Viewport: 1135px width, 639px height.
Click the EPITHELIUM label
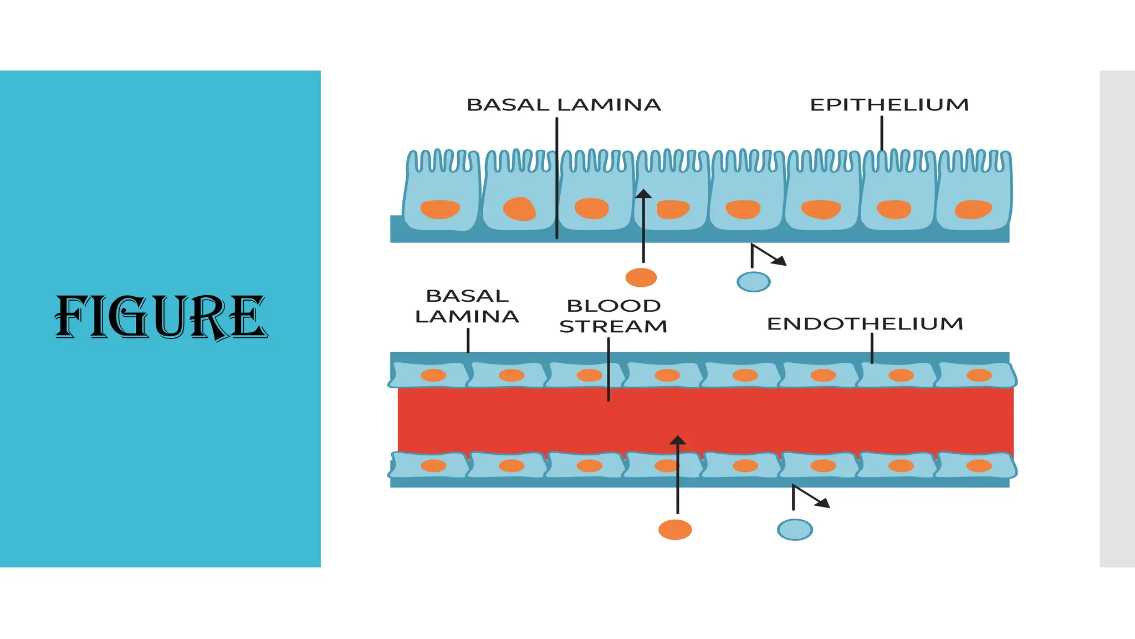coord(889,105)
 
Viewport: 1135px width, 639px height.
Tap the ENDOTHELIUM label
coord(865,324)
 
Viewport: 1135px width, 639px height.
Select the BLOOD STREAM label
coord(613,316)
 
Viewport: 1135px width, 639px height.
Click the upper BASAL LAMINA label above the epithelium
coord(564,105)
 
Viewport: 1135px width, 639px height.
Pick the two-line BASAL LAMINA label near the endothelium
coord(467,306)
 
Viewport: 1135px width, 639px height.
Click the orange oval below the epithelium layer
coord(641,277)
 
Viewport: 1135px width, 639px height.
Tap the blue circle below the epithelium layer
coord(753,282)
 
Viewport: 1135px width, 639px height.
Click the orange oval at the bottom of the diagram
coord(674,530)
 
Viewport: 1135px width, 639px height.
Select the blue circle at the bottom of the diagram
coord(794,530)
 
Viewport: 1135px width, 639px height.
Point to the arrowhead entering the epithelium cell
coord(643,194)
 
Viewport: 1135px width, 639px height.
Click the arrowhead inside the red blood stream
coord(677,440)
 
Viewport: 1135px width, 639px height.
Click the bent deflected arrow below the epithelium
coord(767,256)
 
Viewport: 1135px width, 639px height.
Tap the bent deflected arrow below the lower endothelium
coord(810,497)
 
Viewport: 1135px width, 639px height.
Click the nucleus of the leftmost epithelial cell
coord(440,209)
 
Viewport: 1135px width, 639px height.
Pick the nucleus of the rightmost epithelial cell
coord(973,209)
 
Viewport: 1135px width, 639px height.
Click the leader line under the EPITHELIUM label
coord(882,133)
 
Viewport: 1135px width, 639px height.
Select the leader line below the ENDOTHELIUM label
coord(872,348)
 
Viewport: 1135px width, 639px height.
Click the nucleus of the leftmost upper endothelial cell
coord(433,376)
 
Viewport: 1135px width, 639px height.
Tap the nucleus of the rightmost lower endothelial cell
coord(979,465)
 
